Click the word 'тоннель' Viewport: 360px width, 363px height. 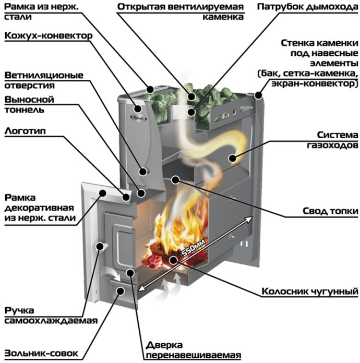pos(24,110)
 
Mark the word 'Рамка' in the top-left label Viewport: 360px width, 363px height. pos(20,7)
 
